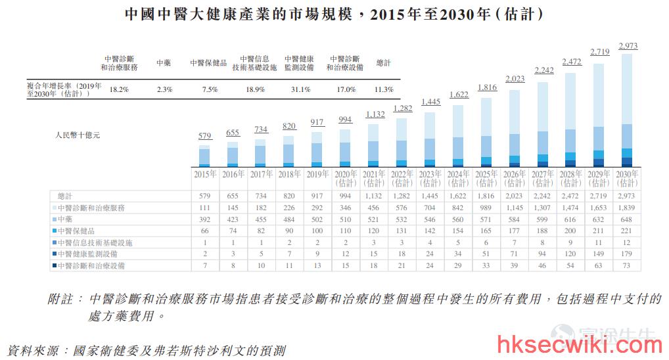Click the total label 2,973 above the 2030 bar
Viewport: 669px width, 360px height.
click(628, 45)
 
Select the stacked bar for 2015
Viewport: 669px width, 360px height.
click(204, 156)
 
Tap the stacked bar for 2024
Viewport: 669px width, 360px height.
click(458, 135)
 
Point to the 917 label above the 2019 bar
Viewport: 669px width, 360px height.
click(317, 122)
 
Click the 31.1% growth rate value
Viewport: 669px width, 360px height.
click(300, 89)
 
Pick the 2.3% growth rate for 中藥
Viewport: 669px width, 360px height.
click(164, 89)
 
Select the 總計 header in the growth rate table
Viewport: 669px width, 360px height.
click(383, 62)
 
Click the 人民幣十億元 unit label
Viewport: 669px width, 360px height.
click(78, 135)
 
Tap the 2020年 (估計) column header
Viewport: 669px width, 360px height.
click(346, 178)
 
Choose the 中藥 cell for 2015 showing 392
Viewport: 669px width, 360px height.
click(205, 219)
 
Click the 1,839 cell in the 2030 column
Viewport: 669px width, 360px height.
click(626, 208)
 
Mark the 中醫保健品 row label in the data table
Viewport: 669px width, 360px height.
click(76, 231)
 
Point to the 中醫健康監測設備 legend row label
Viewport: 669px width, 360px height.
click(87, 254)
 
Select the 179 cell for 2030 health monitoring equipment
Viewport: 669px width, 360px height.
click(626, 254)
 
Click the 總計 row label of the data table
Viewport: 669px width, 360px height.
click(65, 196)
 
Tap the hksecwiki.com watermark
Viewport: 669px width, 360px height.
click(580, 345)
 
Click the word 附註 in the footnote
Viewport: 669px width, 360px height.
click(60, 299)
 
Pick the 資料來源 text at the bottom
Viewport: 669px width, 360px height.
click(33, 351)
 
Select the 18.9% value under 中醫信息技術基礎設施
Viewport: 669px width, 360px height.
click(255, 89)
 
